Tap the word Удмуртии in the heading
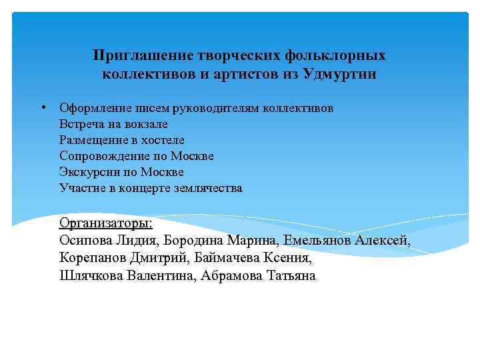pyautogui.click(x=339, y=74)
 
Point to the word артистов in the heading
pyautogui.click(x=240, y=74)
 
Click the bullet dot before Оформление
pyautogui.click(x=41, y=107)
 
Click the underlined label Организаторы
pyautogui.click(x=105, y=223)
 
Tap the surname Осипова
pyautogui.click(x=86, y=241)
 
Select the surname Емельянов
pyautogui.click(x=318, y=241)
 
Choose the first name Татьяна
pyautogui.click(x=291, y=275)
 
